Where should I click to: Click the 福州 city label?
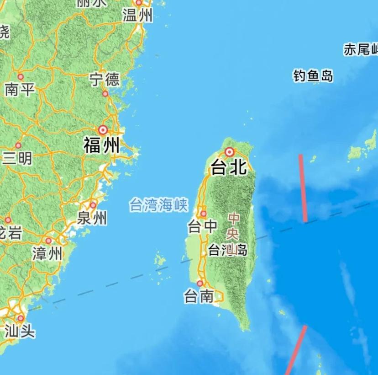pyautogui.click(x=101, y=146)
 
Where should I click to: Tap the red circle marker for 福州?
pyautogui.click(x=103, y=130)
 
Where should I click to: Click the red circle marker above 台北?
pyautogui.click(x=229, y=152)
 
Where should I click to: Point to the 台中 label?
pyautogui.click(x=202, y=226)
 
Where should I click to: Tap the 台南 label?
pyautogui.click(x=199, y=297)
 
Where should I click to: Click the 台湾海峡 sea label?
pyautogui.click(x=158, y=205)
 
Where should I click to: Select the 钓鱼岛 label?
pyautogui.click(x=313, y=76)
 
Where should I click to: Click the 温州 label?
pyautogui.click(x=137, y=16)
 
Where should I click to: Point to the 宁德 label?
pyautogui.click(x=105, y=80)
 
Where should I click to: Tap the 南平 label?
pyautogui.click(x=20, y=89)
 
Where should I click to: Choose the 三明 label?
pyautogui.click(x=17, y=158)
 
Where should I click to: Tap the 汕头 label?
pyautogui.click(x=20, y=331)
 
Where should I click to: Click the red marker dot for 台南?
pyautogui.click(x=199, y=284)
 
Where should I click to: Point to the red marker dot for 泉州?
pyautogui.click(x=93, y=205)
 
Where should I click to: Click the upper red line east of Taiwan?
pyautogui.click(x=303, y=188)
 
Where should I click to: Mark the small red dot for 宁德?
pyautogui.click(x=105, y=93)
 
